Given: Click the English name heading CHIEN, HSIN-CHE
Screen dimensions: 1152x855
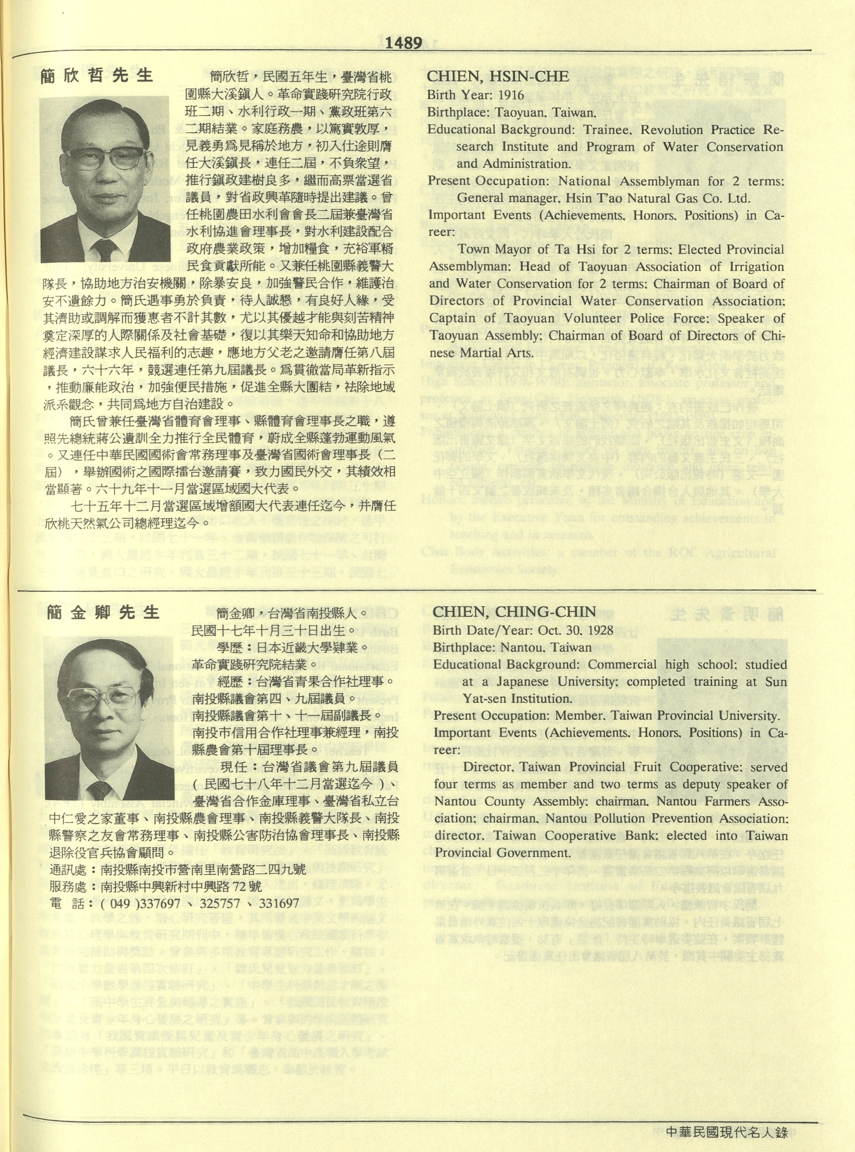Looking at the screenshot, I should [x=497, y=77].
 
